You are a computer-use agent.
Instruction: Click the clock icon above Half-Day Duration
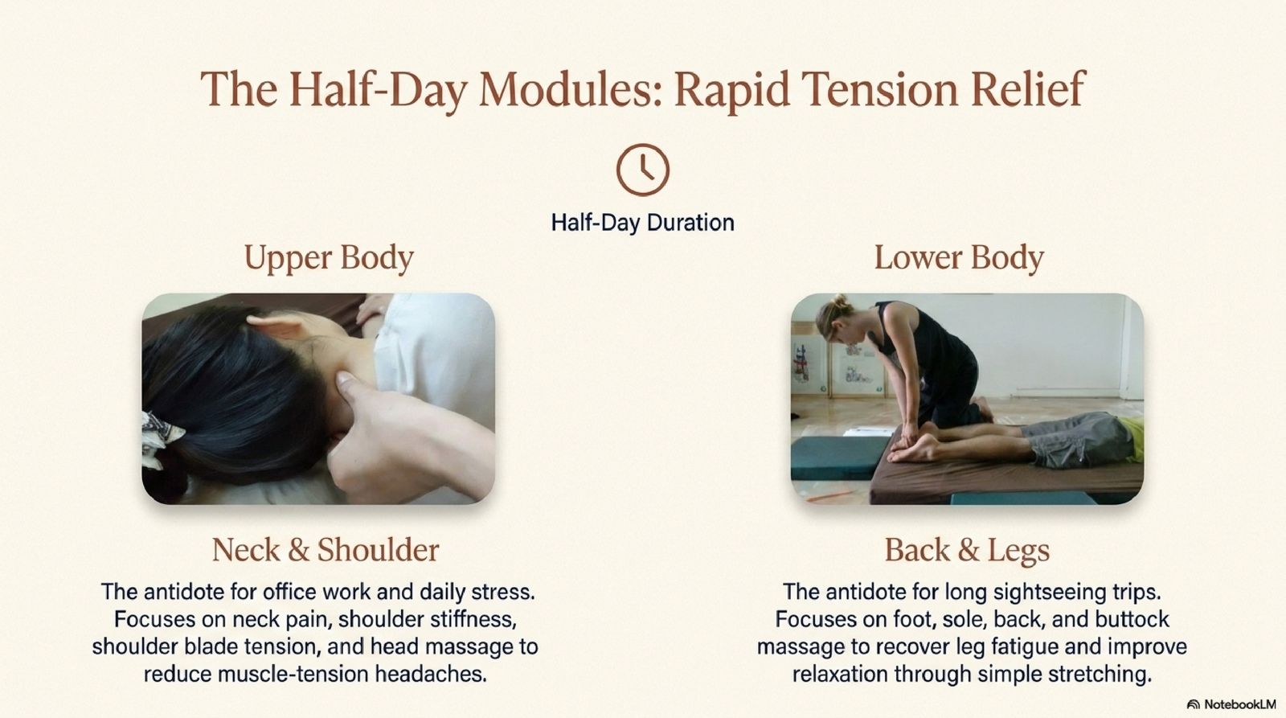coord(642,170)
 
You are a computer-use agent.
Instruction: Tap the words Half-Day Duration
coord(642,222)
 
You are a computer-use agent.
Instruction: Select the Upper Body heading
coord(329,258)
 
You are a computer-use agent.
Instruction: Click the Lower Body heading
coord(959,258)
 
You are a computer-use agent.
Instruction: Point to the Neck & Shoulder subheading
coord(326,550)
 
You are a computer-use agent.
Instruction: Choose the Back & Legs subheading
coord(967,550)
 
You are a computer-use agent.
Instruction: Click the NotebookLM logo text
coord(1232,704)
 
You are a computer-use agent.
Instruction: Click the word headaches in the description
coord(431,674)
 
